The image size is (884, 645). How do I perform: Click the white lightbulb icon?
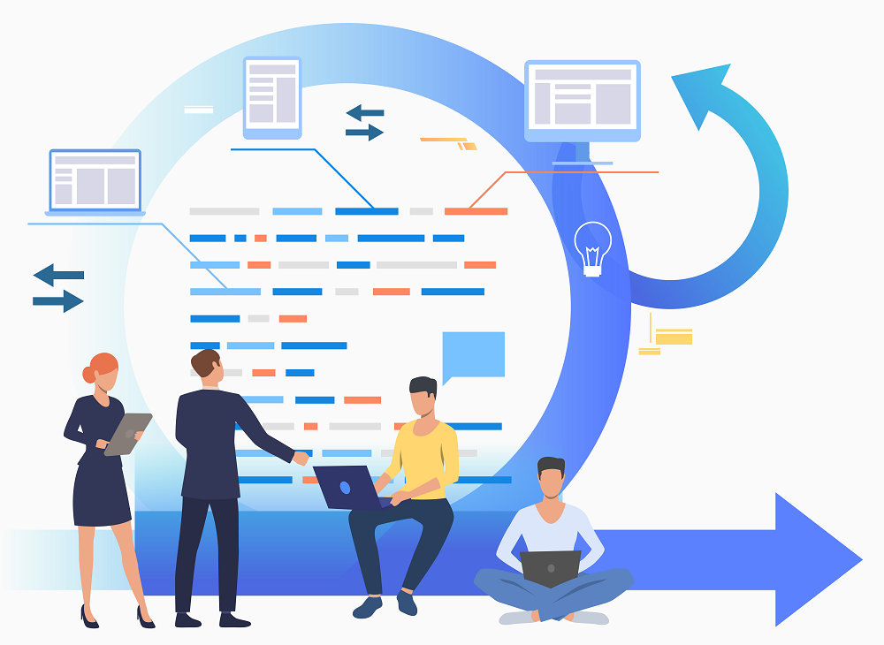tap(592, 248)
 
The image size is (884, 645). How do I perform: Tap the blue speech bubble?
tap(473, 355)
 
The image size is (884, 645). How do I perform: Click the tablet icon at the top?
tap(272, 97)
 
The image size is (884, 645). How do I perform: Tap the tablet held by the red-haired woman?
tap(128, 434)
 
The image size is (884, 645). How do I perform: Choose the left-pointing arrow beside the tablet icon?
tap(364, 113)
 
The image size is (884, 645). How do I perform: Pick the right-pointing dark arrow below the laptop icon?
tap(59, 301)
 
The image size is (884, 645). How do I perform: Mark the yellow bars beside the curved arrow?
tap(672, 337)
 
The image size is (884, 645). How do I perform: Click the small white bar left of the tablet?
tap(199, 110)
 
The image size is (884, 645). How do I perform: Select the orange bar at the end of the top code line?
tap(476, 211)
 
